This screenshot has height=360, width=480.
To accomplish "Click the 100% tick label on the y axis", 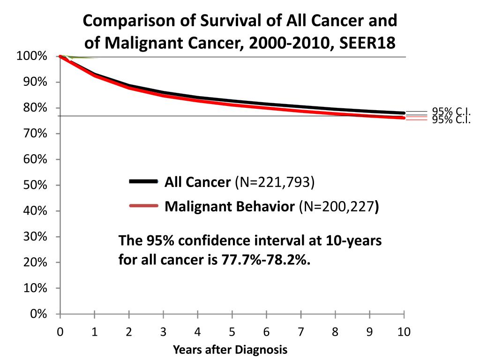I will click(31, 57).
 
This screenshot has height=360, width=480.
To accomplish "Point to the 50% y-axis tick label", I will click(35, 185).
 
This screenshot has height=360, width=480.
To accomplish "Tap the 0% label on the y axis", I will click(38, 314).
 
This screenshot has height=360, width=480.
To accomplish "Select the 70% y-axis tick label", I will click(35, 134).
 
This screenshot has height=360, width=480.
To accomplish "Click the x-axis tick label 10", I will click(404, 332).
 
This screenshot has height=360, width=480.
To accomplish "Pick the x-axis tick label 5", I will click(232, 332).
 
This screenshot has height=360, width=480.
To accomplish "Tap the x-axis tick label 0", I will click(60, 332).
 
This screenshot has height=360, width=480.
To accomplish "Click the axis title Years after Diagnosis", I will click(230, 350).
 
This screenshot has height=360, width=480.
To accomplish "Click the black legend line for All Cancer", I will click(143, 181).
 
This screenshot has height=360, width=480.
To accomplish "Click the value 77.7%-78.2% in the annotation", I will click(265, 259).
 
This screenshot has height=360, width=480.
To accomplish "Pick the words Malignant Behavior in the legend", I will click(230, 207).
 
